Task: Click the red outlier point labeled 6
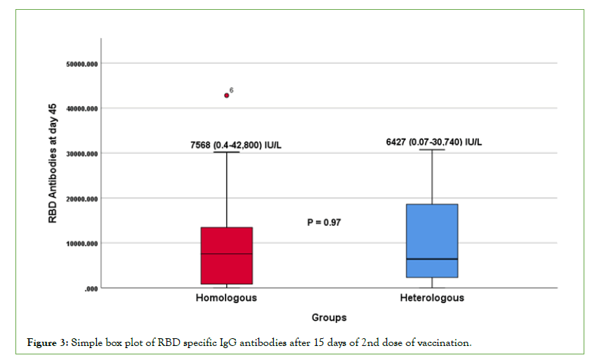click(227, 95)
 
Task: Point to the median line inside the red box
click(226, 254)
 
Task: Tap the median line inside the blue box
click(432, 259)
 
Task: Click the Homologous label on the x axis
click(226, 298)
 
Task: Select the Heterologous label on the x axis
click(432, 298)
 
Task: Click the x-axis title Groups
click(329, 317)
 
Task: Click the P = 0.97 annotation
click(324, 222)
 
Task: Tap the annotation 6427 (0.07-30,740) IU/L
click(434, 142)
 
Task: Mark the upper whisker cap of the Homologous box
click(226, 152)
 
